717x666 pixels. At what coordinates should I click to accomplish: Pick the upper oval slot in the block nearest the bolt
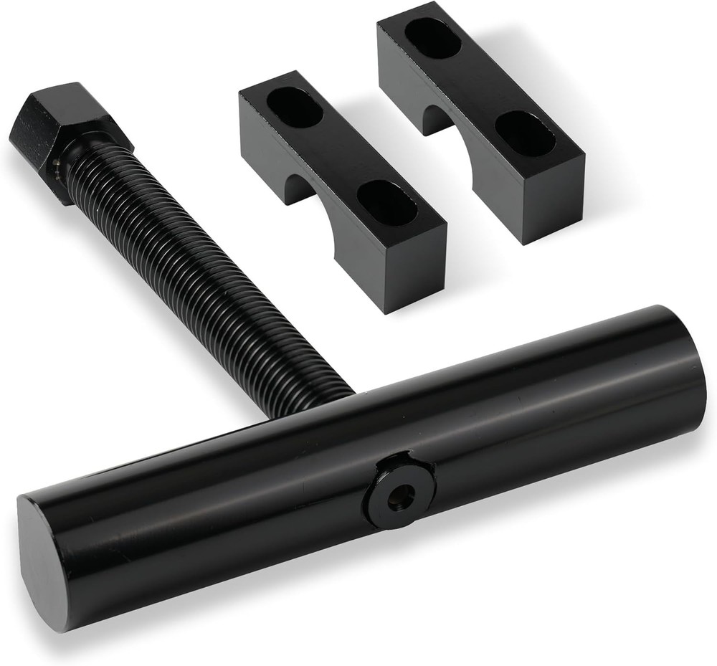[294, 107]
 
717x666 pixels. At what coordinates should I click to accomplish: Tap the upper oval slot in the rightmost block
[432, 37]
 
